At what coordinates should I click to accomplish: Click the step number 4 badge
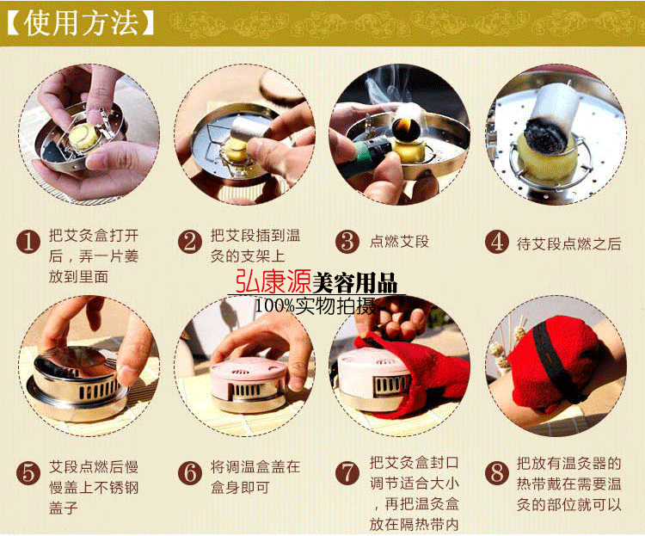click(496, 242)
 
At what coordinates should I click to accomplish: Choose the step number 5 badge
click(30, 472)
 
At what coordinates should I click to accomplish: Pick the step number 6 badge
click(189, 472)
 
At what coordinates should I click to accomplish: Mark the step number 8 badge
click(496, 472)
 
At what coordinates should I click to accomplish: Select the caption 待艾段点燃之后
click(565, 243)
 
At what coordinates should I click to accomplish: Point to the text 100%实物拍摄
click(315, 305)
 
